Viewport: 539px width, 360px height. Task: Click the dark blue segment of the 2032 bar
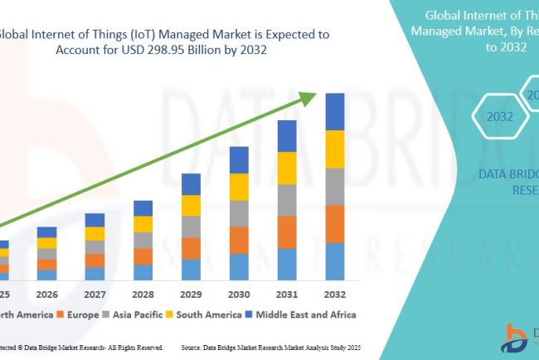[334, 111]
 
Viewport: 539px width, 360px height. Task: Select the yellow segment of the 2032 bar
[334, 149]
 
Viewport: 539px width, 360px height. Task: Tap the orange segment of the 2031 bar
[286, 232]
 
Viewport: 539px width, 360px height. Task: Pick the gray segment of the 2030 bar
[239, 213]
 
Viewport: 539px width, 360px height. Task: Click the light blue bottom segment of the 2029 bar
[191, 270]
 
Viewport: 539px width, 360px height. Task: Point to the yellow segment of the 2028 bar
[143, 224]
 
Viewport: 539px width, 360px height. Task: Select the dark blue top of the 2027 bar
[95, 220]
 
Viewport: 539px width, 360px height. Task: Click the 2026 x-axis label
[47, 294]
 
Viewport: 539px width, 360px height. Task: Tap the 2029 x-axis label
[191, 294]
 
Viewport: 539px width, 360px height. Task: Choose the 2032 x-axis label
[334, 294]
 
